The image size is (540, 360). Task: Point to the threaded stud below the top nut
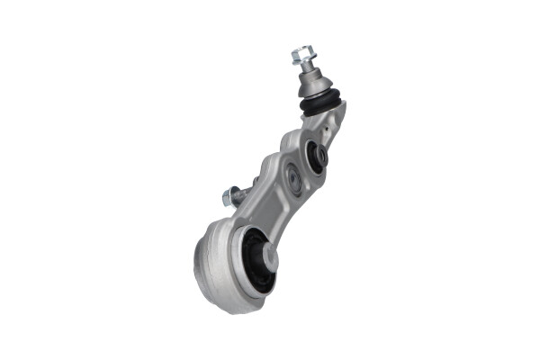point(306,70)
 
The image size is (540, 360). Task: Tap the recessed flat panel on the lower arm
point(266,203)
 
